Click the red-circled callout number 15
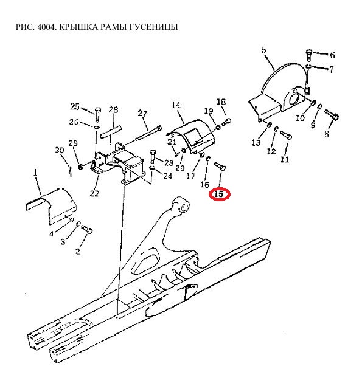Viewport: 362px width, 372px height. [x=219, y=194]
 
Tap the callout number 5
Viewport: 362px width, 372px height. [x=264, y=50]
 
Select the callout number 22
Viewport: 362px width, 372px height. [x=94, y=193]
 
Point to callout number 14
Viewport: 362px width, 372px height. [x=176, y=105]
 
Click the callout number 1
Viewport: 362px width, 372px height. [x=35, y=173]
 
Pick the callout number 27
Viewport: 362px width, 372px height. [x=142, y=113]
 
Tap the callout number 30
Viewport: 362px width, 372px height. [x=60, y=150]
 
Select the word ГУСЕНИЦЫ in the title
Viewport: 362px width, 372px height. [x=153, y=27]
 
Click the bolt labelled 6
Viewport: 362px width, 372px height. [x=308, y=55]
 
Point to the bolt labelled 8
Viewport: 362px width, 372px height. [x=332, y=114]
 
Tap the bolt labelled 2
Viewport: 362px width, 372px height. [x=87, y=229]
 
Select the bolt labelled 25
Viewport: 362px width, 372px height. [x=97, y=114]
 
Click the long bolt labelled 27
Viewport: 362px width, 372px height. [x=148, y=133]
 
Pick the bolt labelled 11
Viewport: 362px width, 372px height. [x=286, y=135]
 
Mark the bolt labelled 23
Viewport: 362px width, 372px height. [x=153, y=156]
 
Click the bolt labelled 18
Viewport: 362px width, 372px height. [x=226, y=122]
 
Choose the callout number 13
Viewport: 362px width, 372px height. [x=256, y=143]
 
